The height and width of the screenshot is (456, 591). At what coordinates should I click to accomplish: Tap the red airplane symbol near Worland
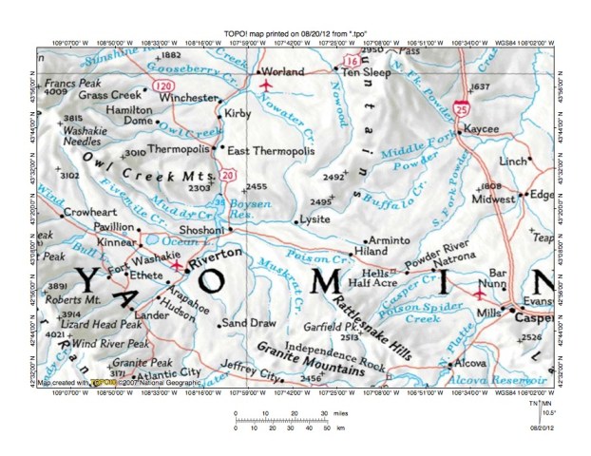(x=264, y=83)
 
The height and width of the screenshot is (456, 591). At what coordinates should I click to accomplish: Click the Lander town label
(x=151, y=314)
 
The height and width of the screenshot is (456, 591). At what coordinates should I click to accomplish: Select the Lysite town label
(x=314, y=219)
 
